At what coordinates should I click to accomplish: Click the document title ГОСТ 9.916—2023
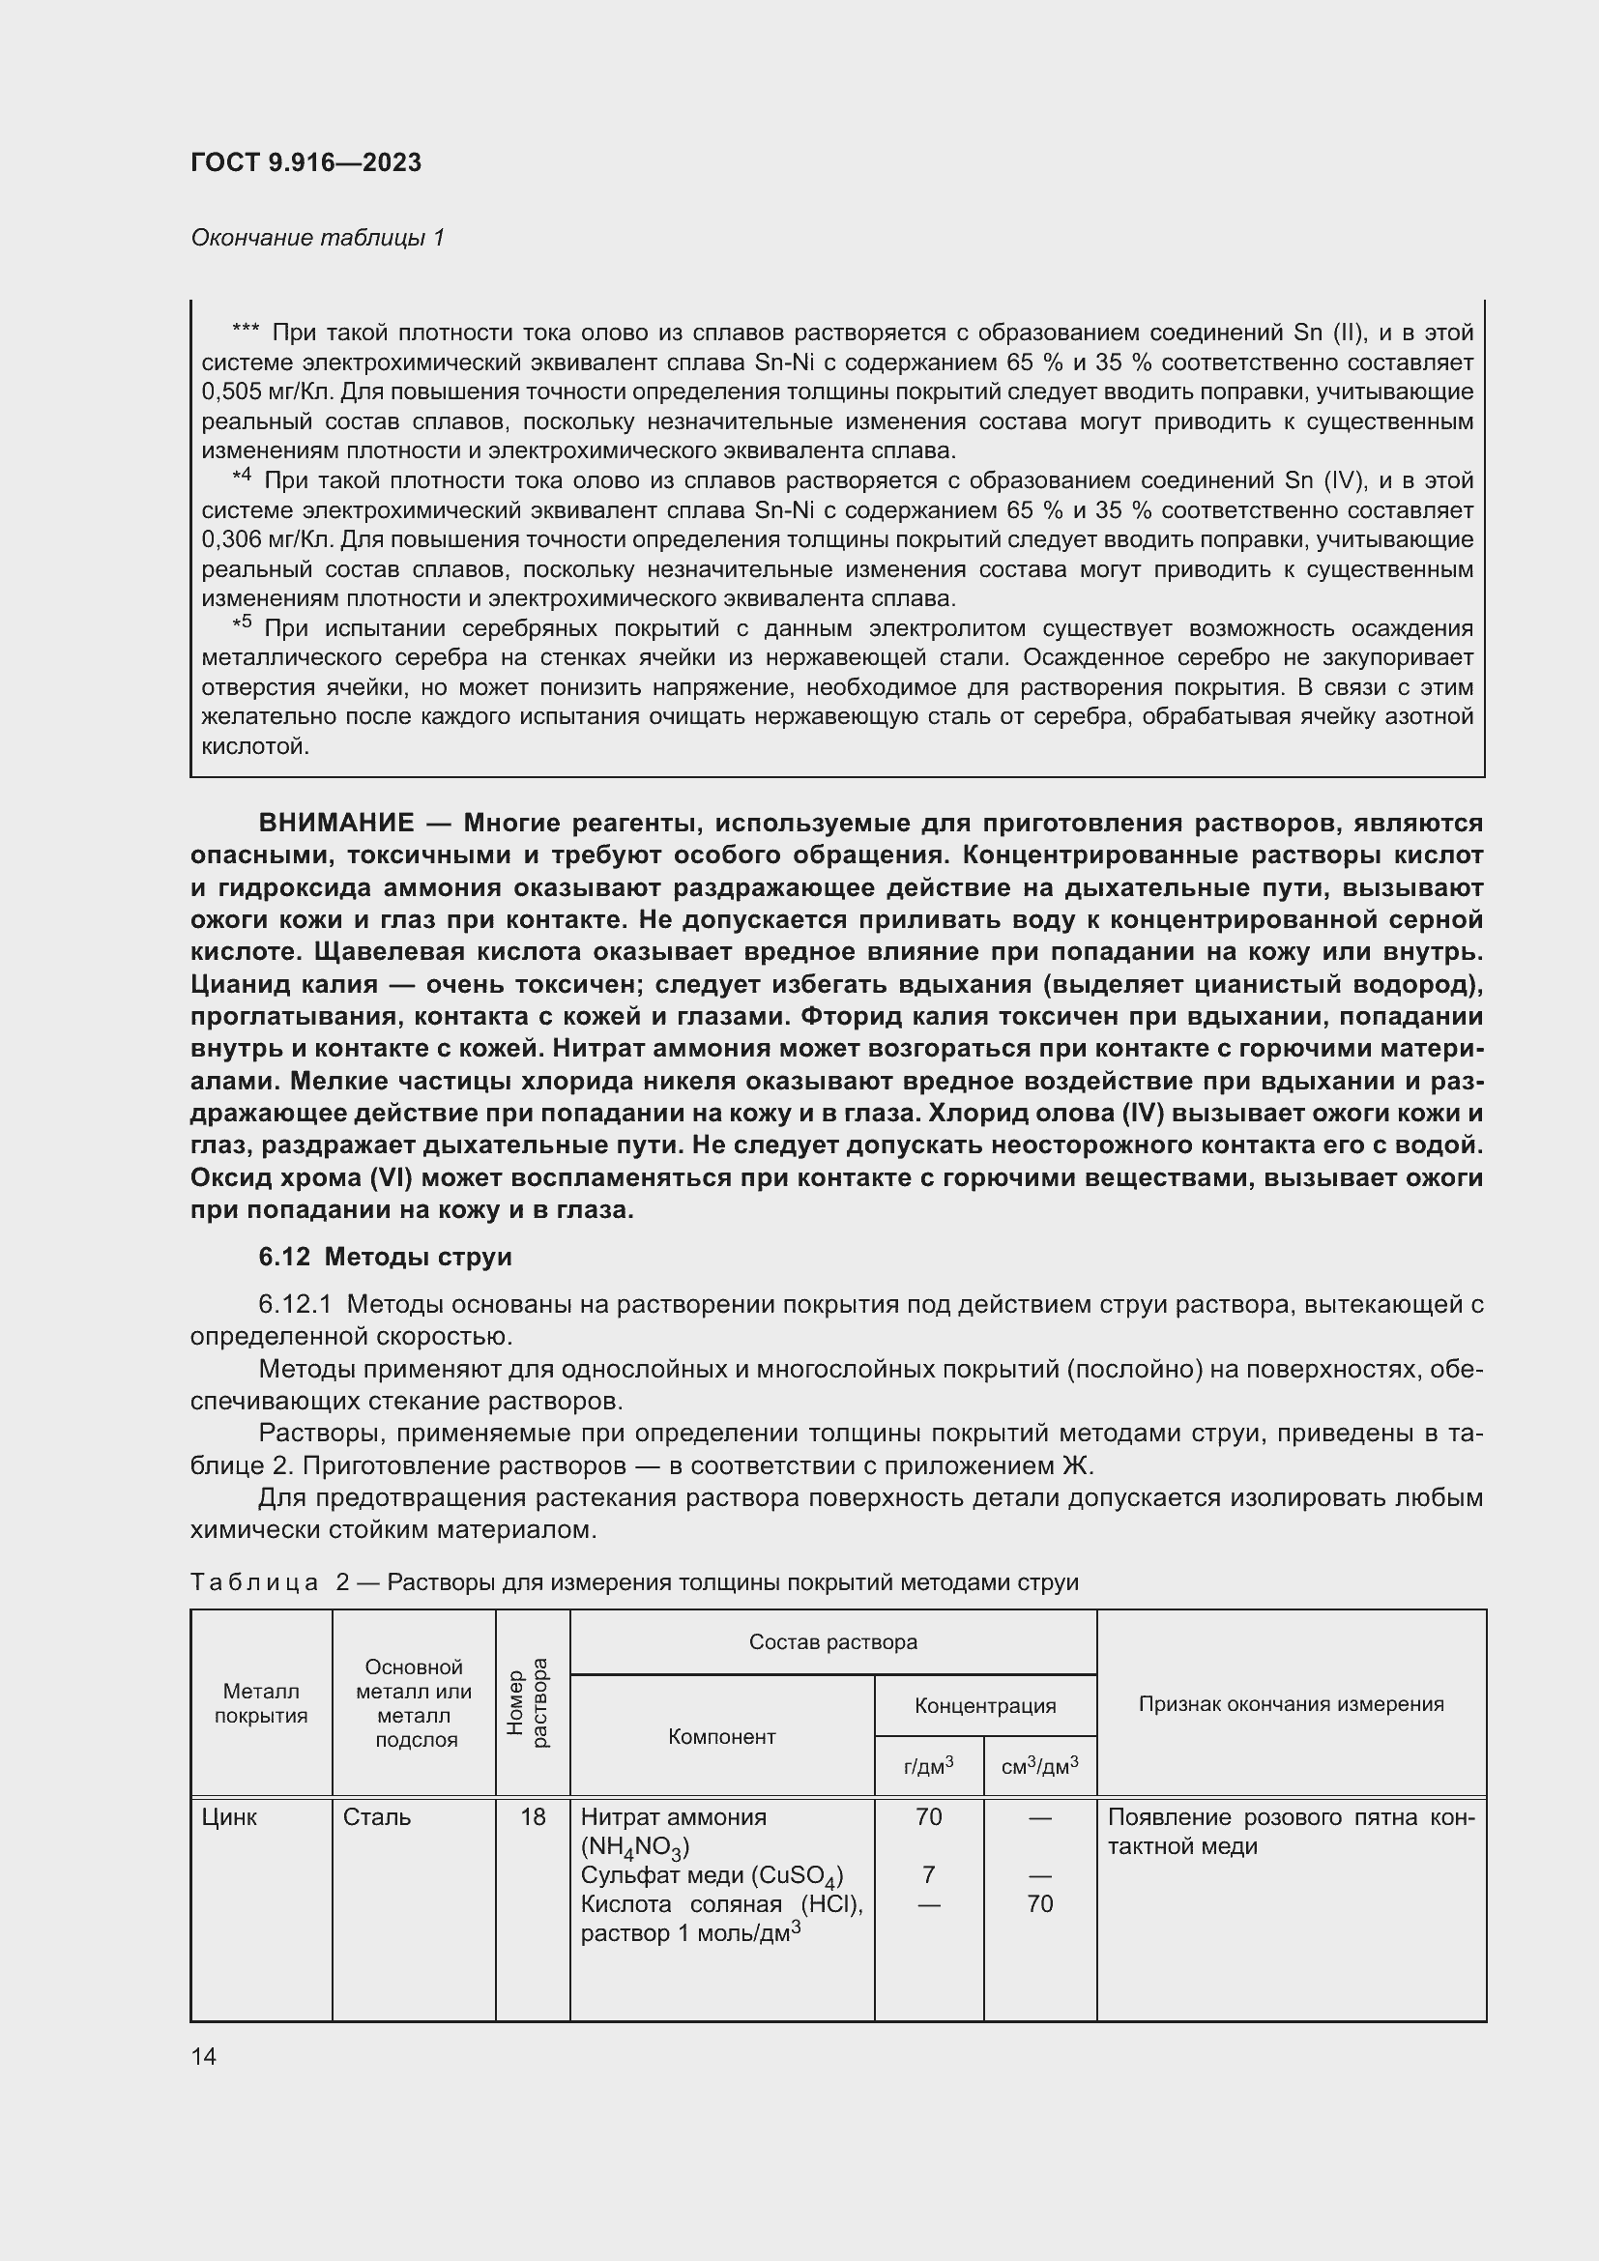pos(305,162)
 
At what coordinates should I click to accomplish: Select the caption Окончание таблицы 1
pos(317,238)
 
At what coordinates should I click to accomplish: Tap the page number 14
pos(204,2056)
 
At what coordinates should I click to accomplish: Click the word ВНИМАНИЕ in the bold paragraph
pos(335,823)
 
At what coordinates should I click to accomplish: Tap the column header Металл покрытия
pos(261,1702)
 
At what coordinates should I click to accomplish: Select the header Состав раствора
pos(832,1641)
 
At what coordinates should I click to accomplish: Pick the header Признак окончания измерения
pos(1290,1703)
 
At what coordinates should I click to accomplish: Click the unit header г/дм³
pos(927,1767)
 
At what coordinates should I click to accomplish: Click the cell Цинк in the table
pos(228,1817)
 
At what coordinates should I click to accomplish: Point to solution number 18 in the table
pos(532,1817)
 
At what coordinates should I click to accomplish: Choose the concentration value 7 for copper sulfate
pos(927,1874)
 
